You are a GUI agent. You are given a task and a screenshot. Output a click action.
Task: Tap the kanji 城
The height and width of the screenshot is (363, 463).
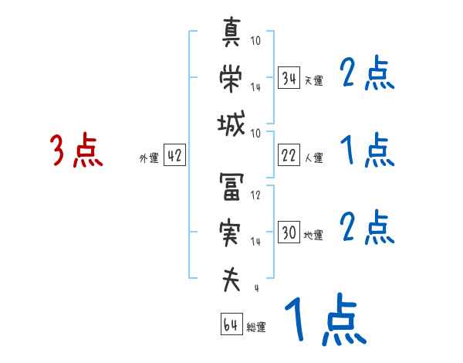[x=231, y=124]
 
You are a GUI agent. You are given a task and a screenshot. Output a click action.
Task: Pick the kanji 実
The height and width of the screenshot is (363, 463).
[x=231, y=233]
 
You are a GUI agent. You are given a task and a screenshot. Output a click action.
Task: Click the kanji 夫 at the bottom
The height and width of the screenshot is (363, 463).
[x=231, y=280]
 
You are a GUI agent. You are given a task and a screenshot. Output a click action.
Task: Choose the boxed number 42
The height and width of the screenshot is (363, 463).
[x=174, y=155]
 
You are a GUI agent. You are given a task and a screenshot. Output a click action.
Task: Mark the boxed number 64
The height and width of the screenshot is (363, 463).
[x=231, y=324]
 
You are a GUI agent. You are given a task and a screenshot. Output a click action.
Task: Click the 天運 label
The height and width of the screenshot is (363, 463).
[x=313, y=80]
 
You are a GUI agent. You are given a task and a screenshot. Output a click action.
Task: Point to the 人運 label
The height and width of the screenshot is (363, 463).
[x=313, y=158]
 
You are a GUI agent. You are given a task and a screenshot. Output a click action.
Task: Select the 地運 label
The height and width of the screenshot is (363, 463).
[x=313, y=235]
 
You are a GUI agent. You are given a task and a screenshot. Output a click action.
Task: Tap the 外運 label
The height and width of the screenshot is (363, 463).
[x=148, y=158]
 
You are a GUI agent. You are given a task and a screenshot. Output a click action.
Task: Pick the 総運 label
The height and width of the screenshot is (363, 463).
[x=256, y=327]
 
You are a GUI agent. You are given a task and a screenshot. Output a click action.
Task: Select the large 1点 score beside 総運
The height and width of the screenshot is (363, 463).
[x=324, y=321]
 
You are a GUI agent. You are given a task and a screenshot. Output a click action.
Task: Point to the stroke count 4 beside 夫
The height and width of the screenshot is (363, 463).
[x=256, y=289]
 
